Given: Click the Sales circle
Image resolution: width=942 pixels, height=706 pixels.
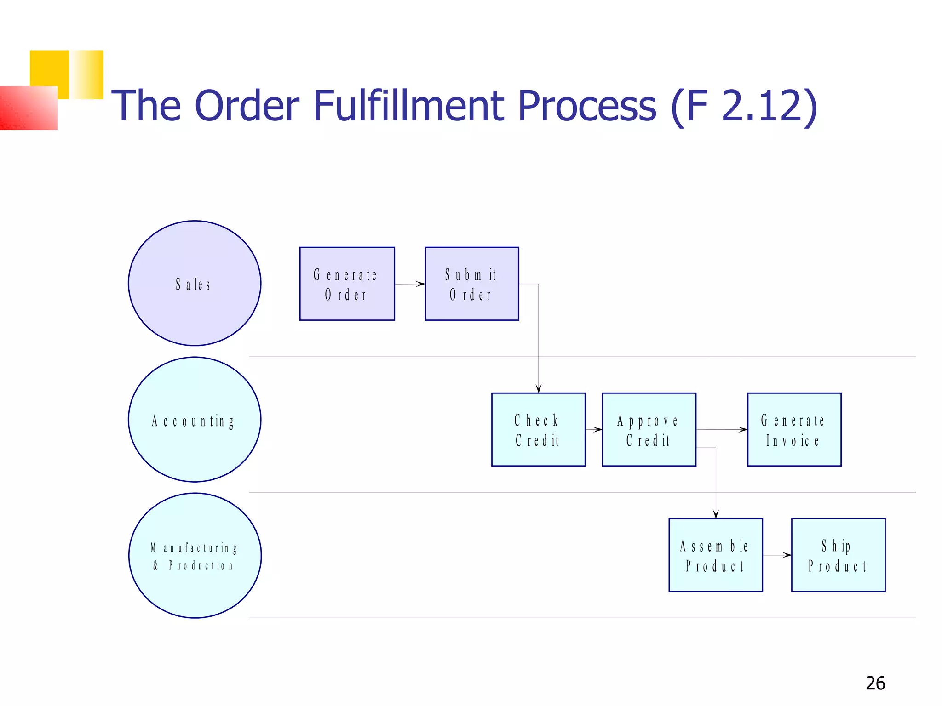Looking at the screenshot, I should pos(195,283).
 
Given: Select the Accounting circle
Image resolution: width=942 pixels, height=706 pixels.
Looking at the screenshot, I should pos(195,419).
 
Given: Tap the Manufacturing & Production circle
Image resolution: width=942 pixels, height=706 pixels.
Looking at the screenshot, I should pos(195,555).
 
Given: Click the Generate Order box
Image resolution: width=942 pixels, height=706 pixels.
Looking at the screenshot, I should pos(347,284).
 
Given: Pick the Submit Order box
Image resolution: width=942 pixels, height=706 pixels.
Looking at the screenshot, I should pos(471,284).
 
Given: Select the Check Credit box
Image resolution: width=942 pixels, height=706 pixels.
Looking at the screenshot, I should pos(538,429).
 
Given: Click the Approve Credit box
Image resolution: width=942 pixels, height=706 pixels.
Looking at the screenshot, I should pos(649,429).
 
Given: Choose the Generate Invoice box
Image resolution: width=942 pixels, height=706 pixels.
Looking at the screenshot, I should pos(794,429).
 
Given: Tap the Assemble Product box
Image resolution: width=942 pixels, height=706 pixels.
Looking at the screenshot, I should pos(715,555).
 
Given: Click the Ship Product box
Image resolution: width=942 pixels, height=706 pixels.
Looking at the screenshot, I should pos(838,555).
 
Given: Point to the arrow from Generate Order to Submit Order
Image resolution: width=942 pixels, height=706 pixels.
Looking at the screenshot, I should pos(409,284).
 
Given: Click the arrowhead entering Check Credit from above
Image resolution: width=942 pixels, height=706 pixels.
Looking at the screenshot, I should pos(538,388).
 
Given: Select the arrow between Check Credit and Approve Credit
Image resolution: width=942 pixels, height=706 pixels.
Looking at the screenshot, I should pos(594,429).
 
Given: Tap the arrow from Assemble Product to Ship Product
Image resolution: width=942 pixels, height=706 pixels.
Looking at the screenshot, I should pos(777,555).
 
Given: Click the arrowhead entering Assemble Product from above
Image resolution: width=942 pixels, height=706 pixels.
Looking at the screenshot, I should pos(716,514).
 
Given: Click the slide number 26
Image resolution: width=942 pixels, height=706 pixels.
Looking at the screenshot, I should pos(875,683).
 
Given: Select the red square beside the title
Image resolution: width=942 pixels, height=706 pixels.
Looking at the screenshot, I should pos(29,108).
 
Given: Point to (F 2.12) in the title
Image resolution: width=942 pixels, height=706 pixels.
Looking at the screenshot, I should pos(743,106).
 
